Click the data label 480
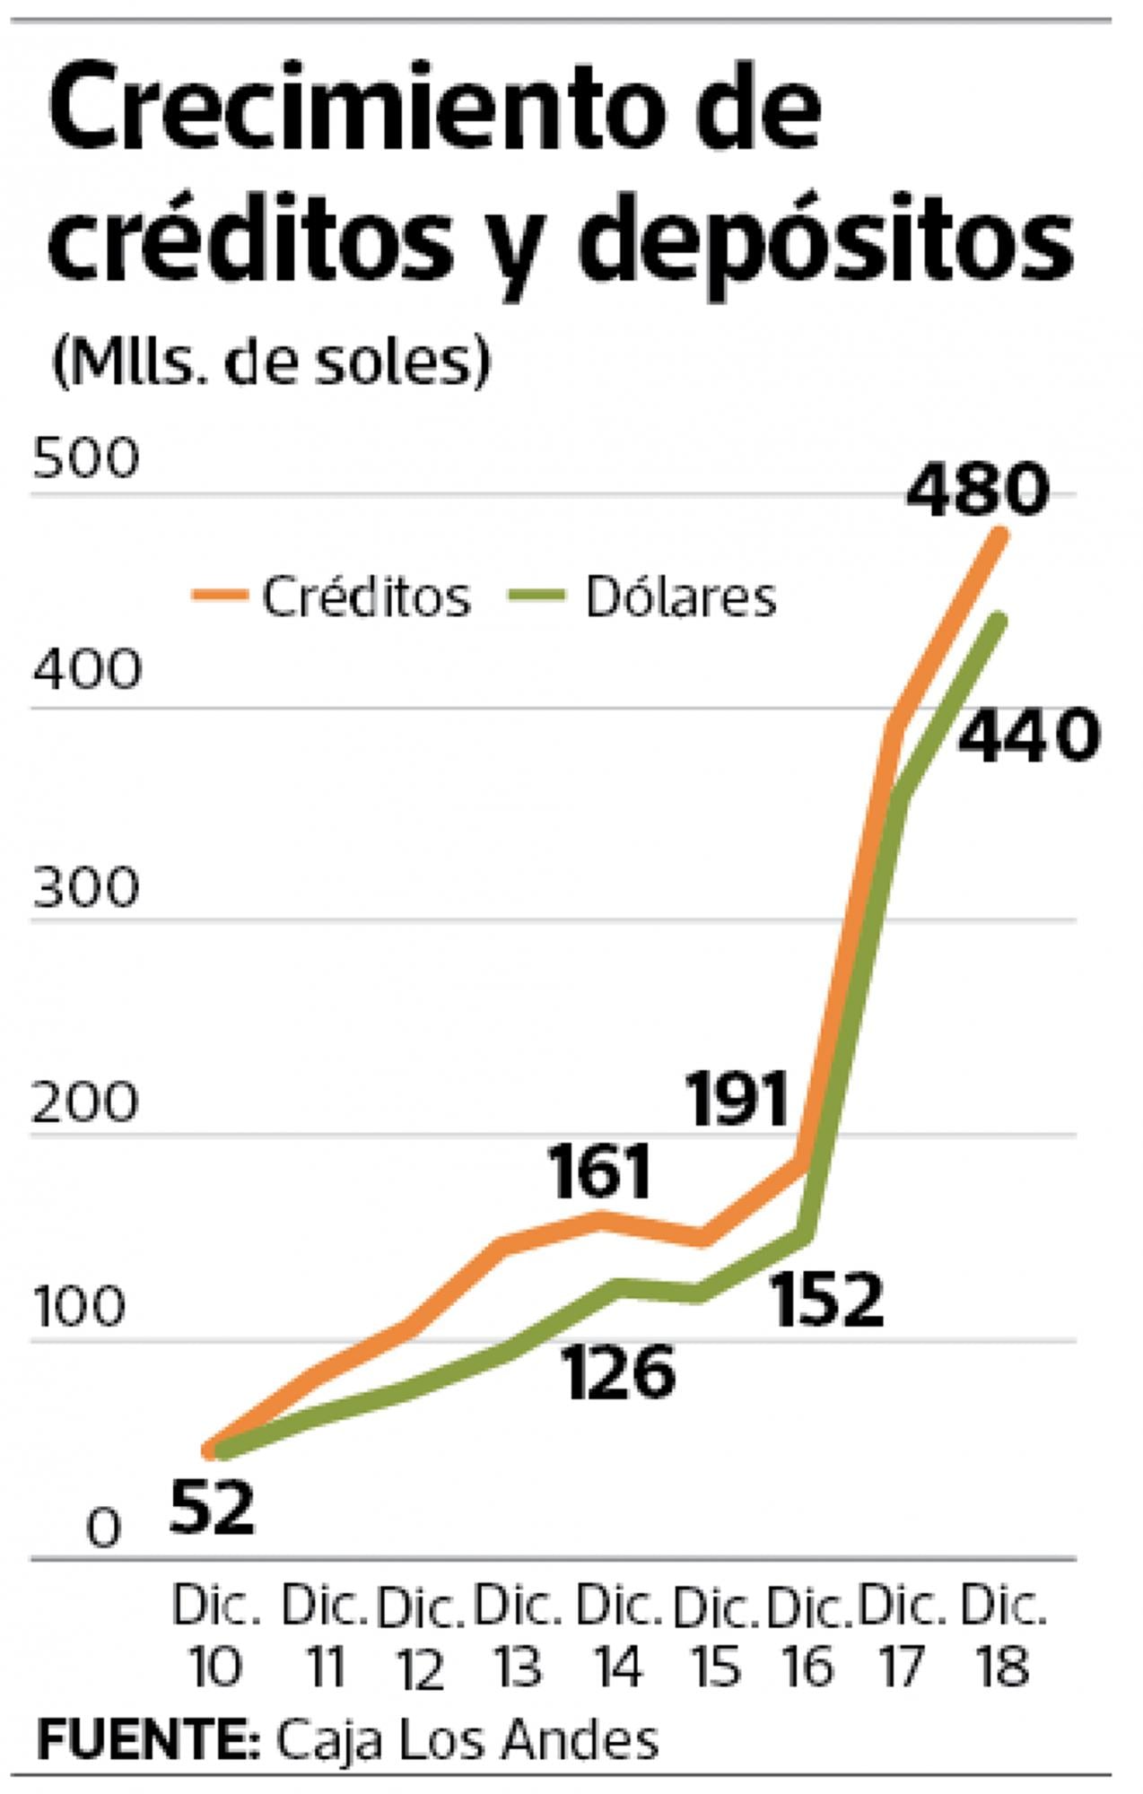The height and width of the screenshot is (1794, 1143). [x=976, y=491]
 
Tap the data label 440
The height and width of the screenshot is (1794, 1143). [x=1027, y=736]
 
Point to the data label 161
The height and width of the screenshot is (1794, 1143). [x=599, y=1173]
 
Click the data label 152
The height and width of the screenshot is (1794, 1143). [x=828, y=1300]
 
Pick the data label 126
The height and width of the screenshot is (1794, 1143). [x=619, y=1372]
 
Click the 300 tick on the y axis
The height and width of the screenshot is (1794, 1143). [x=86, y=888]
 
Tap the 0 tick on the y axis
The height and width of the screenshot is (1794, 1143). [x=103, y=1528]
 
